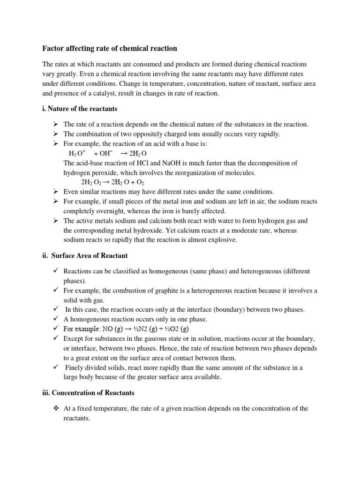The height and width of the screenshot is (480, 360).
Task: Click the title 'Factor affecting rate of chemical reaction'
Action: click(x=110, y=48)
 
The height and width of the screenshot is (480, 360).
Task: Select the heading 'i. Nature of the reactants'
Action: click(x=80, y=109)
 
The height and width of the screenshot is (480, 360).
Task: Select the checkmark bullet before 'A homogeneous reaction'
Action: click(x=55, y=319)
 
